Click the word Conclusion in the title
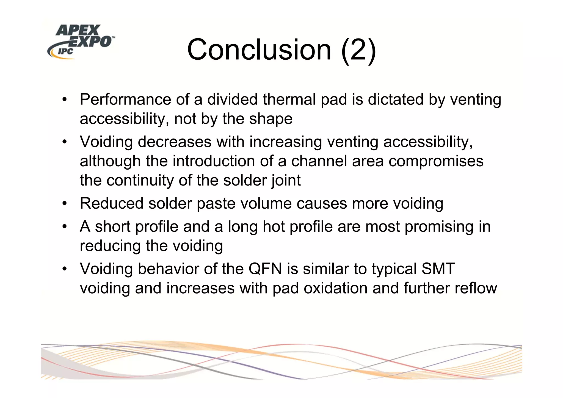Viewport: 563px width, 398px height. click(259, 50)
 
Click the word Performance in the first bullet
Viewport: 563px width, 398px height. click(125, 99)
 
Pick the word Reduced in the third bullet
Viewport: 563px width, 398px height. click(112, 204)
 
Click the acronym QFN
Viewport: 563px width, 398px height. click(265, 269)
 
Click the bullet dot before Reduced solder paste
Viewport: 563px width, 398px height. click(64, 204)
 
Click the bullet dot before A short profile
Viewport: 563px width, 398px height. click(64, 227)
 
